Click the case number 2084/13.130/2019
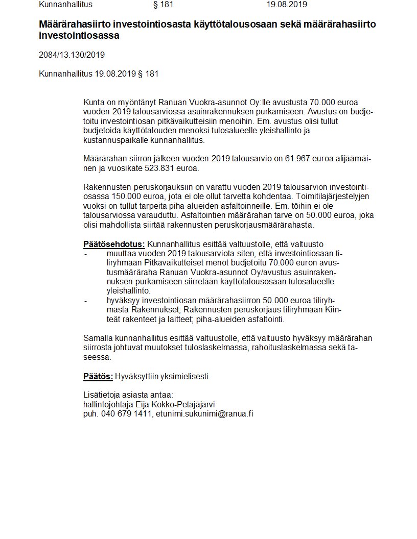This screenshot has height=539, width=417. [72, 55]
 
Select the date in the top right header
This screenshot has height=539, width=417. [286, 5]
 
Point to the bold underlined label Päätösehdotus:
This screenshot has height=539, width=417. [114, 244]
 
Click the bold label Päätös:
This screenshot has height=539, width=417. [98, 377]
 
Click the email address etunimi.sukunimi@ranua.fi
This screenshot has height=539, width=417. [204, 413]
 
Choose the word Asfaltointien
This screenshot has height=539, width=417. [207, 215]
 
